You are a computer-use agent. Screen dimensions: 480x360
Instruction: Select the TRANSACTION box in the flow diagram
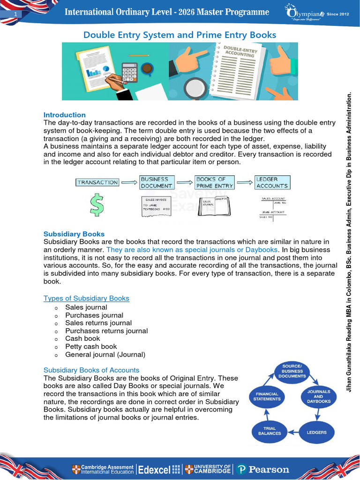click(97, 182)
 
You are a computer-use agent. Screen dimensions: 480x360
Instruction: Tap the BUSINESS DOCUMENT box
click(157, 182)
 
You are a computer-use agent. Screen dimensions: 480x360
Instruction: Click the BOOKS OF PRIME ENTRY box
click(215, 182)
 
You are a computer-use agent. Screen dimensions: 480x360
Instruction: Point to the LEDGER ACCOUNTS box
click(272, 182)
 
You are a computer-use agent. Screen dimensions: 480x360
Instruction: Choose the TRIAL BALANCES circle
click(270, 430)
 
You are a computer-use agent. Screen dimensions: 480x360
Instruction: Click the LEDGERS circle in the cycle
click(316, 432)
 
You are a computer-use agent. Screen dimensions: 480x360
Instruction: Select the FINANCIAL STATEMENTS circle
click(268, 396)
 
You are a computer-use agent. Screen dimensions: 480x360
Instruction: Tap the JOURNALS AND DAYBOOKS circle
click(319, 396)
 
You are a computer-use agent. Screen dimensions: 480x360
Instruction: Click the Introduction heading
click(65, 115)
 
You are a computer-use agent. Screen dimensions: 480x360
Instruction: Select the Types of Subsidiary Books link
click(86, 298)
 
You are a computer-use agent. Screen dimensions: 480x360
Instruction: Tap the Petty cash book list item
click(91, 346)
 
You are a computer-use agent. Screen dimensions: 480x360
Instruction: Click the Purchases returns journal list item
click(106, 330)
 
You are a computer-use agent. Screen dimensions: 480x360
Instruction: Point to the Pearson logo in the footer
click(262, 469)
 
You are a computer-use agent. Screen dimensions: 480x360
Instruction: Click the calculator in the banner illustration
click(129, 73)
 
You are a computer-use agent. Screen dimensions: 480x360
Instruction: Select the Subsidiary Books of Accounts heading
click(91, 370)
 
